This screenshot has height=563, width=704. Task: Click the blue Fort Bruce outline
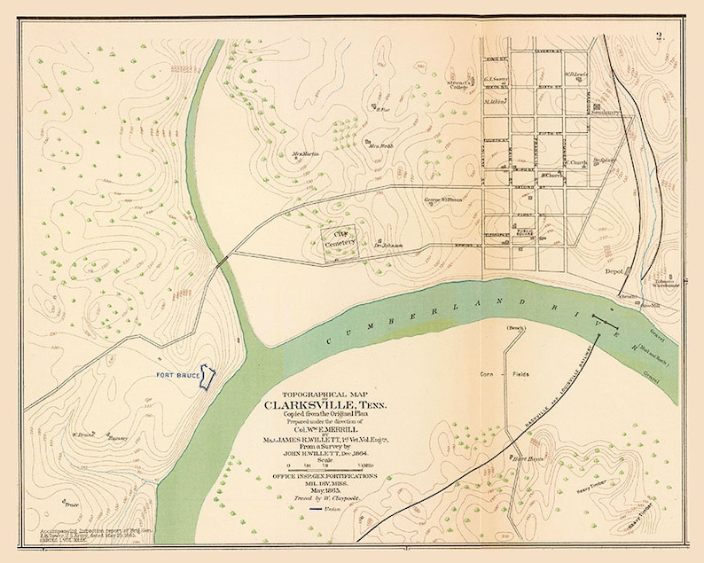click(x=207, y=377)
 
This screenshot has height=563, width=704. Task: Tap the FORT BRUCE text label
click(x=176, y=375)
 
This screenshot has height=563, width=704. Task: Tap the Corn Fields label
click(x=506, y=375)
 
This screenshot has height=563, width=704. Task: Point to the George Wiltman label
click(x=444, y=199)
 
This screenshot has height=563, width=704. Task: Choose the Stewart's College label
click(x=458, y=85)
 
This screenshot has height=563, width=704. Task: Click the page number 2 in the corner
click(x=660, y=36)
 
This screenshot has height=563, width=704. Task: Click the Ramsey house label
click(x=118, y=438)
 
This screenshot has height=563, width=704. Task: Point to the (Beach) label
click(x=515, y=329)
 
